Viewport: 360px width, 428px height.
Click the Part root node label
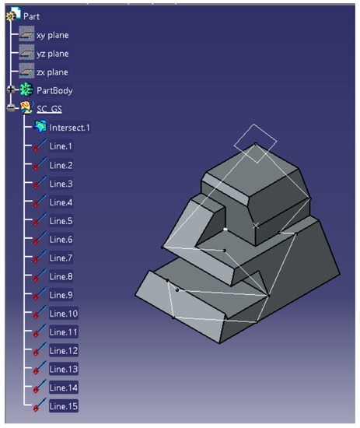(32, 16)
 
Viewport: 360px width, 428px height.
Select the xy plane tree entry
(53, 35)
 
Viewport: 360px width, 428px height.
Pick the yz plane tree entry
(53, 54)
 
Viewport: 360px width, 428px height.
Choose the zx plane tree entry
(53, 72)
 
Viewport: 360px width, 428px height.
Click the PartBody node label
(55, 90)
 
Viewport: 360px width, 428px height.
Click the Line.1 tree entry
(61, 146)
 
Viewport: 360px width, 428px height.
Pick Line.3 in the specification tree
(61, 184)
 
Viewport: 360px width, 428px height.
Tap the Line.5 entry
(61, 221)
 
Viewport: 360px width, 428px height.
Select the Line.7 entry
(61, 258)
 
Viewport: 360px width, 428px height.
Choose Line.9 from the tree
(61, 295)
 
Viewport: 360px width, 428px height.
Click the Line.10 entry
(63, 314)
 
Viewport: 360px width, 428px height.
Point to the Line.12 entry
(63, 350)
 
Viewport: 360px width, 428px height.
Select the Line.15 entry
(63, 406)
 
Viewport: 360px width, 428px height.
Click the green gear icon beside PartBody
(26, 90)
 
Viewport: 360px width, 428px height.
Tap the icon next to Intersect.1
(40, 127)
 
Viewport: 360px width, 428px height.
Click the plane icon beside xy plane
(26, 35)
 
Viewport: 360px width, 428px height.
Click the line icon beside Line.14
(39, 388)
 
